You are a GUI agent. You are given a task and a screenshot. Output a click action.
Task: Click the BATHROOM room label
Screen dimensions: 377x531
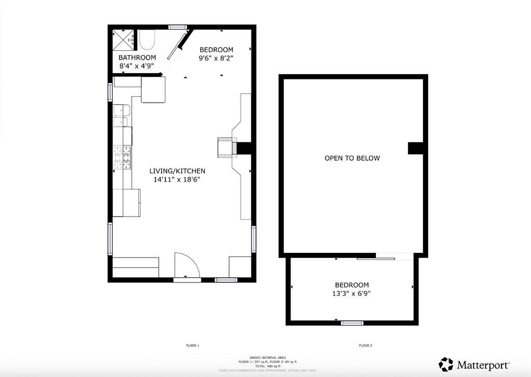click(137, 57)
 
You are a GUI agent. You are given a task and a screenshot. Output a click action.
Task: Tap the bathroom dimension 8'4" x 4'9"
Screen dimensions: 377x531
click(137, 66)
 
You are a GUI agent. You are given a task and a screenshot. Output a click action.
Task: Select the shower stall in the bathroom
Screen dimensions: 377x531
click(125, 38)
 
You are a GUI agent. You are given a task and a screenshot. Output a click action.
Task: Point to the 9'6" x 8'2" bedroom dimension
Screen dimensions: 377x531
click(216, 58)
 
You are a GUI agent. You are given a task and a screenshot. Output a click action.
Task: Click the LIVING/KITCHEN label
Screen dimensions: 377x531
click(177, 171)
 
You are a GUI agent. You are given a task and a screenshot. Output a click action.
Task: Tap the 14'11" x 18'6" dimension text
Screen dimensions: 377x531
click(176, 180)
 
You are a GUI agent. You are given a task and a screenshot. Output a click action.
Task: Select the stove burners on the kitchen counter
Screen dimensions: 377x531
click(123, 158)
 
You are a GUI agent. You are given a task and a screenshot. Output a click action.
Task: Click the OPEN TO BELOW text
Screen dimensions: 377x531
click(352, 158)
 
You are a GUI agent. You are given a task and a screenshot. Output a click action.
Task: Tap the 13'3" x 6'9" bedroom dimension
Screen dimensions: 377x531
click(352, 293)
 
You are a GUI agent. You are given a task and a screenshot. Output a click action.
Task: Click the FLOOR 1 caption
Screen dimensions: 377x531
click(192, 345)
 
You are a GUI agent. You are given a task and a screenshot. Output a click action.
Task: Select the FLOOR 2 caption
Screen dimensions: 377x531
click(366, 345)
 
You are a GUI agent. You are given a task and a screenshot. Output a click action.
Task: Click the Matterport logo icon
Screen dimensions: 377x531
click(446, 365)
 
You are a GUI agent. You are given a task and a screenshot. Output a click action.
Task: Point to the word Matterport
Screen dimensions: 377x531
click(483, 365)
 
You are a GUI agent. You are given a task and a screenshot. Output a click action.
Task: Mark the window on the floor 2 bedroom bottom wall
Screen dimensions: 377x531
click(352, 323)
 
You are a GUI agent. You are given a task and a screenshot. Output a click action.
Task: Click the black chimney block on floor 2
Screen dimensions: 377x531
click(416, 148)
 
